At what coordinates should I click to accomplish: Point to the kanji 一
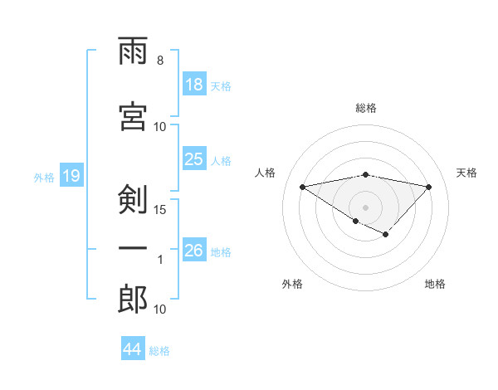[133, 249]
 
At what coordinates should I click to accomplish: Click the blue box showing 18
[194, 85]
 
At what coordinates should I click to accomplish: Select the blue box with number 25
[194, 160]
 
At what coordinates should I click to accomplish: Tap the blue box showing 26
[194, 251]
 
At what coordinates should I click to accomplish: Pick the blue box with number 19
[71, 176]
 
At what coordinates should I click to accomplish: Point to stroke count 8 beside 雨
[160, 61]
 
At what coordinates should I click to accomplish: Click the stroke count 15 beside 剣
[161, 209]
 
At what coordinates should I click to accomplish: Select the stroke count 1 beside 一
[161, 260]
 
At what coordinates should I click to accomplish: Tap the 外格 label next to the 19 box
[44, 177]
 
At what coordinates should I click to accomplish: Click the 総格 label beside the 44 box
[159, 350]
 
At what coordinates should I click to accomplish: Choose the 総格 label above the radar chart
[365, 108]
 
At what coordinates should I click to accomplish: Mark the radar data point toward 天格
[428, 187]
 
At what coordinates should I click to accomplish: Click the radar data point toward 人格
[302, 186]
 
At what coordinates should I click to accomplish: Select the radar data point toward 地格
[385, 235]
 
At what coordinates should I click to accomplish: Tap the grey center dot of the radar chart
[365, 207]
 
